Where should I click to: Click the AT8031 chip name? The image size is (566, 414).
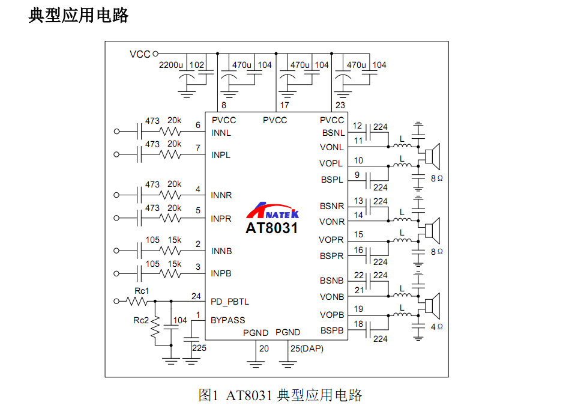click(x=271, y=228)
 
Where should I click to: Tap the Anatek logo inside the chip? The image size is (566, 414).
click(x=273, y=211)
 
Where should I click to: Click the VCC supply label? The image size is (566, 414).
click(x=140, y=54)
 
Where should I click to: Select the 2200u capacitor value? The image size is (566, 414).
click(x=170, y=65)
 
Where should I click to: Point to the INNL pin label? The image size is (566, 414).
click(x=221, y=133)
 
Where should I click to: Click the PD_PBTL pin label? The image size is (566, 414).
click(x=230, y=302)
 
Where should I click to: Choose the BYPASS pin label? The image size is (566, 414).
click(x=227, y=320)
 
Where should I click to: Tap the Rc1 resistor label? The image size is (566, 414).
click(x=142, y=291)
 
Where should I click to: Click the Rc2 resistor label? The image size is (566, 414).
click(x=141, y=320)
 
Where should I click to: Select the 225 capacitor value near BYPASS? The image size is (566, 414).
click(x=199, y=348)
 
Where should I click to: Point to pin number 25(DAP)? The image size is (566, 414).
click(x=307, y=349)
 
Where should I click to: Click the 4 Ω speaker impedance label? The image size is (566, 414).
click(x=436, y=327)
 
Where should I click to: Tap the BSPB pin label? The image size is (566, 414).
click(x=332, y=330)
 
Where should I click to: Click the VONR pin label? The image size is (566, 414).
click(x=332, y=222)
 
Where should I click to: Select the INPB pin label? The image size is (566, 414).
click(x=221, y=273)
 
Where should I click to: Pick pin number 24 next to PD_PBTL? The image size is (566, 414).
click(x=196, y=296)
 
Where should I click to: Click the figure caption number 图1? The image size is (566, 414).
click(x=208, y=395)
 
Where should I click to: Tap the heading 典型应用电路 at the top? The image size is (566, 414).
click(x=79, y=16)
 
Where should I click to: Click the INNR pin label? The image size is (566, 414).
click(x=221, y=195)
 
